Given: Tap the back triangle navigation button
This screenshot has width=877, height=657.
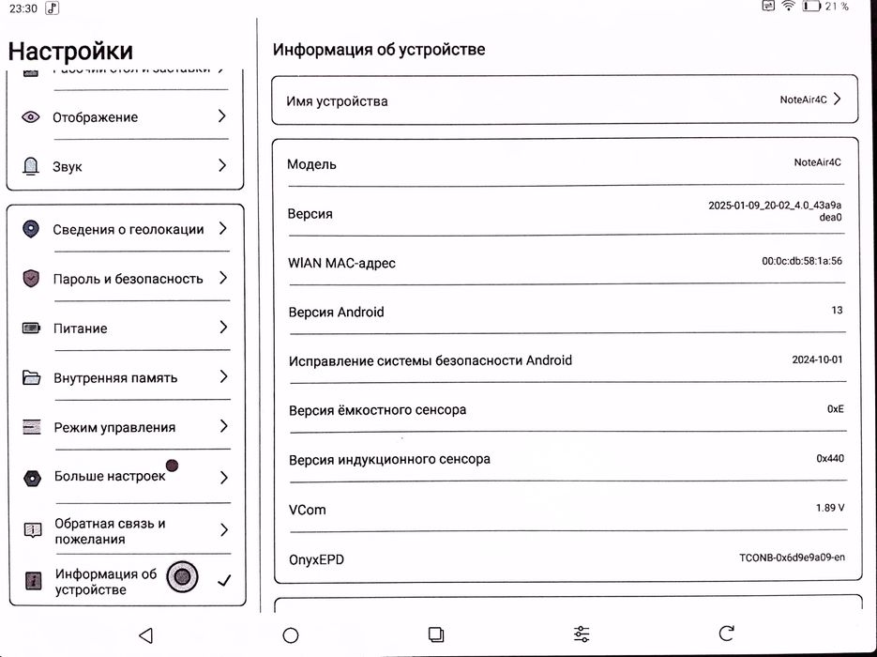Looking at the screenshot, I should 145,635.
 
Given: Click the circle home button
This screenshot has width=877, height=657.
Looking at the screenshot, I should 291,635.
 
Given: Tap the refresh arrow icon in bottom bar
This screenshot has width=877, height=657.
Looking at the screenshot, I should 726,634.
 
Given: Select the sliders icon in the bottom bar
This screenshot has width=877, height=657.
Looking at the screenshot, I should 582,634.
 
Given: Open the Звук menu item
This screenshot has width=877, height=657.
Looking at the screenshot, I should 68,166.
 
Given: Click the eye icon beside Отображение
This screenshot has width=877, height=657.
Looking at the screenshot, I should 31,117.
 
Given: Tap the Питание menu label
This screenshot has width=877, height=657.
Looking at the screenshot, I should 80,328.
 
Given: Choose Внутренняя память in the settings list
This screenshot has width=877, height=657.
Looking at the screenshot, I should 114,378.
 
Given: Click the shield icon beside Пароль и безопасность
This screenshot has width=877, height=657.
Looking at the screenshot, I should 31,279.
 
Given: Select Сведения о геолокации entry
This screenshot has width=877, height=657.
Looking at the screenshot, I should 128,229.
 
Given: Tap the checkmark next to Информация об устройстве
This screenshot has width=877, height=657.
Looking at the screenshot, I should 224,581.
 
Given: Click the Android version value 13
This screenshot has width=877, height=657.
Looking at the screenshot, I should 837,311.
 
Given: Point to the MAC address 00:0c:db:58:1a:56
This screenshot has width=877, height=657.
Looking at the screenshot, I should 801,261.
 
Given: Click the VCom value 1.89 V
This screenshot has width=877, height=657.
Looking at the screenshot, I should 829,508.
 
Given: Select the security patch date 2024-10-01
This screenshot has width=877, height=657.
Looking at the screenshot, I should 817,359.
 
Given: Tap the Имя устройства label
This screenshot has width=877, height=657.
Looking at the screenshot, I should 337,100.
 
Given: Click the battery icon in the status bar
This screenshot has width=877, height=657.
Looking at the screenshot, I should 811,7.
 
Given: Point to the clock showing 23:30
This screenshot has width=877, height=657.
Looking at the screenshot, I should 23,8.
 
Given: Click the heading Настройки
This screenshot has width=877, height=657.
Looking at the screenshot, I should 70,50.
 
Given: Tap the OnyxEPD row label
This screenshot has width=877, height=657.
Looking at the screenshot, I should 316,559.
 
